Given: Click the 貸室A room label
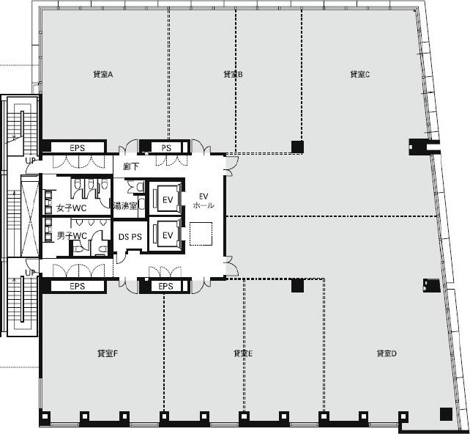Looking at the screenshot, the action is [x=102, y=75].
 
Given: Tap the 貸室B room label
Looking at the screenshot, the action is [x=234, y=74].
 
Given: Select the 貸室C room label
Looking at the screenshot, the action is [x=360, y=74].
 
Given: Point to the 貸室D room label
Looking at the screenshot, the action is [x=387, y=353].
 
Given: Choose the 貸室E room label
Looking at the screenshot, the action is [x=243, y=353].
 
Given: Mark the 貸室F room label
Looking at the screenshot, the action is [x=108, y=353].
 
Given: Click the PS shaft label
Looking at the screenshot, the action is [x=166, y=148].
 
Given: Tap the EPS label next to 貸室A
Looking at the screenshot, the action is [x=78, y=148].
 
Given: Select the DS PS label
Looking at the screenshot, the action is [x=130, y=237].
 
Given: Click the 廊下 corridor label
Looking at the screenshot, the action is [x=131, y=167].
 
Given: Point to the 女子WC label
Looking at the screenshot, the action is [x=72, y=208].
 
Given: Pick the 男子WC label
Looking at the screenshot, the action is [x=72, y=236].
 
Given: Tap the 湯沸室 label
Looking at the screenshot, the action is [x=125, y=206].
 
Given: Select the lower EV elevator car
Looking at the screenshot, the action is [x=168, y=235].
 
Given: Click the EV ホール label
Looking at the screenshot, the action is [x=204, y=201].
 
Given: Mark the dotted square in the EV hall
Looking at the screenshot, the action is [x=201, y=234].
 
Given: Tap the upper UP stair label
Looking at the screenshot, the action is [x=30, y=161].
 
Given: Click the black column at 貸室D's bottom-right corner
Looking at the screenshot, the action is [x=446, y=414].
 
